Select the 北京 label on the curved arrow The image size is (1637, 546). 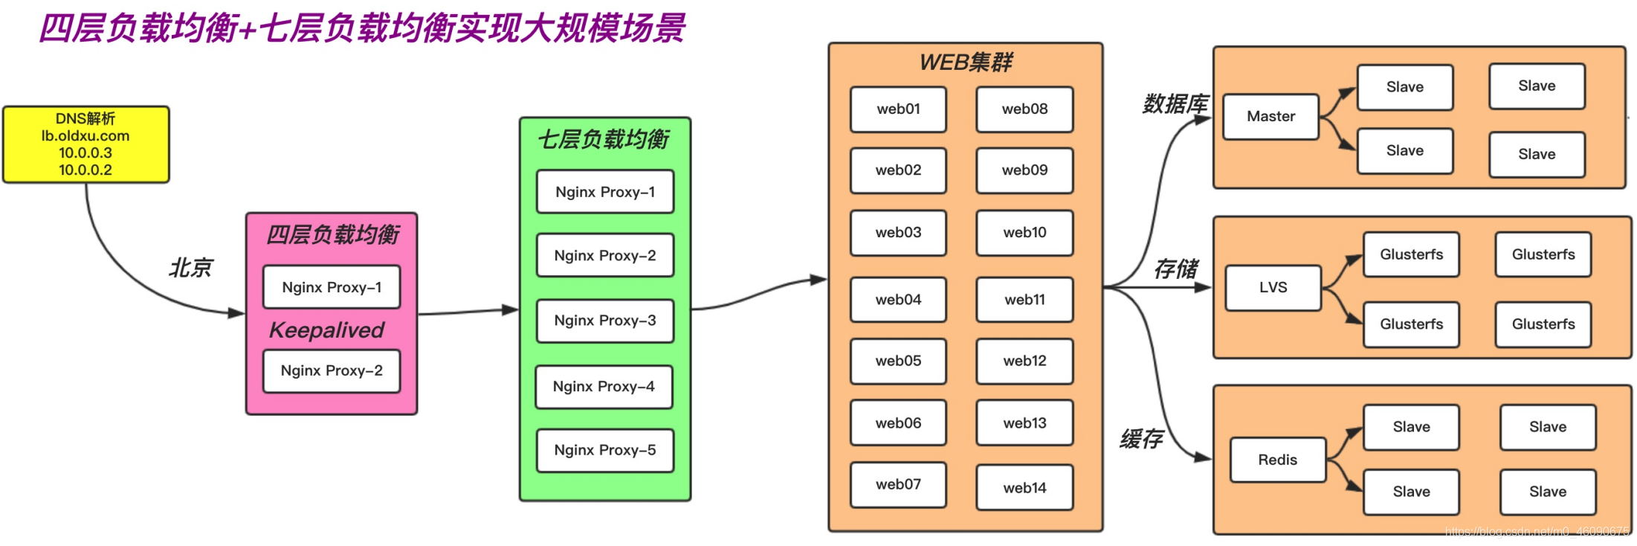190,268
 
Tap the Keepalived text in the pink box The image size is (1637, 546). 326,330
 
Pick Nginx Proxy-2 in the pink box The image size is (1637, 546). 332,370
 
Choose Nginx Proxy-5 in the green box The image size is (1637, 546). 604,450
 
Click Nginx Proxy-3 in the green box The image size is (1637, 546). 604,321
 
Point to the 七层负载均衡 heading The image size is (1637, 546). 604,139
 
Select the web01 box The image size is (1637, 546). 898,109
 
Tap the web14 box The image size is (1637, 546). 1024,488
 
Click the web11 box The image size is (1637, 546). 1024,300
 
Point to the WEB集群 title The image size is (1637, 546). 965,62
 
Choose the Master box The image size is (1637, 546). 1270,117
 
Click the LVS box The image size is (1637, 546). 1273,288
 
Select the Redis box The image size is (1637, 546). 1277,460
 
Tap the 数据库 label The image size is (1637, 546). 1175,104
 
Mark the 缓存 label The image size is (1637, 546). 1141,439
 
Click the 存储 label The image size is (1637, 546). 1175,269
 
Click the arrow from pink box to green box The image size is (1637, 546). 468,312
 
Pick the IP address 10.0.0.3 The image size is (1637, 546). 85,153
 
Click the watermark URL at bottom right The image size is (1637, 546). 1536,531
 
